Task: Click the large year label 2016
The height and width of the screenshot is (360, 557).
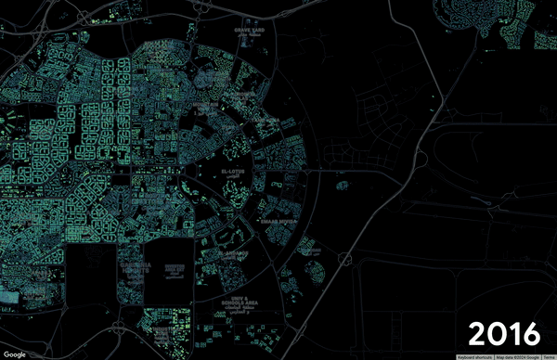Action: [503, 331]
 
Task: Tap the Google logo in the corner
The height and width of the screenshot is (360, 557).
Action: [14, 354]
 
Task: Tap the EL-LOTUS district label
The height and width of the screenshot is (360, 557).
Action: [239, 173]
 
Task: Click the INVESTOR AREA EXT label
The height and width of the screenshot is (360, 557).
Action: [176, 268]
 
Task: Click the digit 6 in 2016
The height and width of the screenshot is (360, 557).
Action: [529, 331]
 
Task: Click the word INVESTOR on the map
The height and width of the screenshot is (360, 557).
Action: [176, 264]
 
